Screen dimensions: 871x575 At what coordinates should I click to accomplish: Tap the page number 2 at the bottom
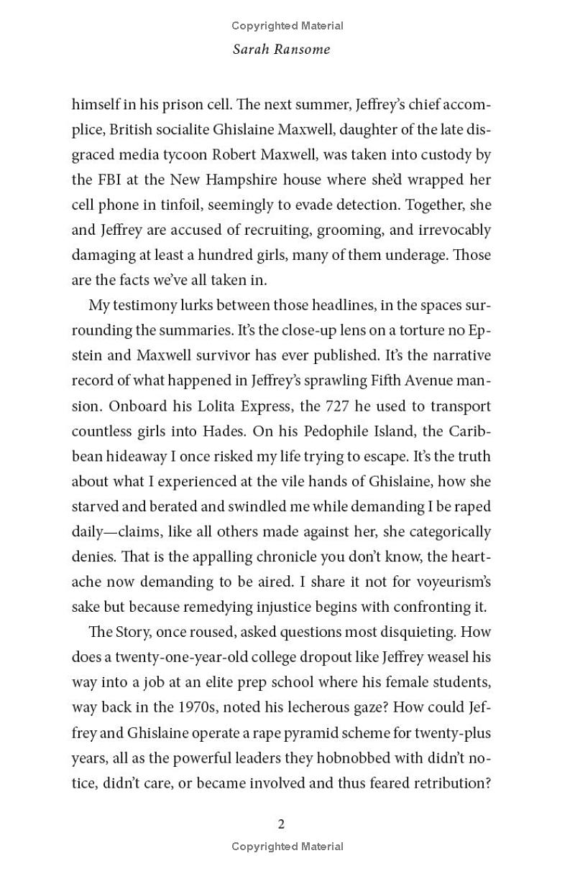[x=281, y=824]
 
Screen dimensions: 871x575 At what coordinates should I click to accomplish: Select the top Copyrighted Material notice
[x=287, y=26]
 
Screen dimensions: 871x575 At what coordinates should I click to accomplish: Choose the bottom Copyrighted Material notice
[x=287, y=847]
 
